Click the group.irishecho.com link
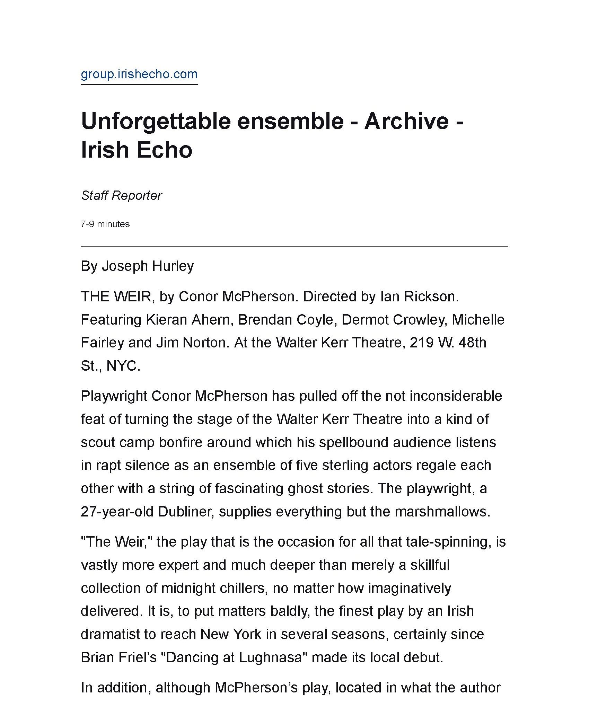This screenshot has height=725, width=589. click(139, 74)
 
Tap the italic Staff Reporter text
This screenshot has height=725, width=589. click(121, 196)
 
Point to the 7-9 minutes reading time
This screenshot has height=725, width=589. click(105, 224)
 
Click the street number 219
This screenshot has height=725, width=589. click(421, 343)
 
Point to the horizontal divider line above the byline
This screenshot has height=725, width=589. click(294, 247)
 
